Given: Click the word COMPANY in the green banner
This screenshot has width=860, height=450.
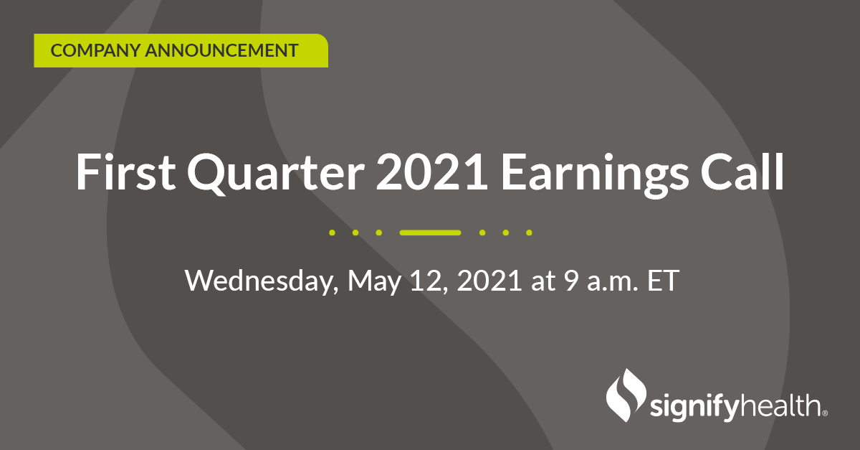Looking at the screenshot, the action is click(95, 51).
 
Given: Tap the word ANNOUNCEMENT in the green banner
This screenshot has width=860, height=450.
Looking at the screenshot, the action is click(221, 51).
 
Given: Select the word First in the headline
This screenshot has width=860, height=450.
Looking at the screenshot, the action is click(125, 172).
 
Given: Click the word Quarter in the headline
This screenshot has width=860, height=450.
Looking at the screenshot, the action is click(276, 174).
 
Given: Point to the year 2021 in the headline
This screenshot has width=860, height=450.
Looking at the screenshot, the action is click(431, 172).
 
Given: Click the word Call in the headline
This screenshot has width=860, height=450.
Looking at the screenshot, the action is click(742, 172).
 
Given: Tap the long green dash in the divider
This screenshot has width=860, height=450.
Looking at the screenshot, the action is click(430, 233).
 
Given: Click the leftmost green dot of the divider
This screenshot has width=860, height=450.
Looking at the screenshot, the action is click(332, 233).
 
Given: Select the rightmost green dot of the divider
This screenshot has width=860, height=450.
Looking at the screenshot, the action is click(529, 233).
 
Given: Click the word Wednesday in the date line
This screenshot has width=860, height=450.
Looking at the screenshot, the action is click(262, 281).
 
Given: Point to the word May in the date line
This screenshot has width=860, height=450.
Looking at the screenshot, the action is click(374, 282).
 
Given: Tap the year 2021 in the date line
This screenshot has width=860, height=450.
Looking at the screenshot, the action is click(489, 281).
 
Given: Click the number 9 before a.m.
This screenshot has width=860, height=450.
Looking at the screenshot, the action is click(571, 281).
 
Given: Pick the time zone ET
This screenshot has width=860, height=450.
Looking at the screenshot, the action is click(663, 281).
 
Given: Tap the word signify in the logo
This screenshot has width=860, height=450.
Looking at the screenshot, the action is click(694, 408).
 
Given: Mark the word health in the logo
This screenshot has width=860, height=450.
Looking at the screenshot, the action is click(780, 405).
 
